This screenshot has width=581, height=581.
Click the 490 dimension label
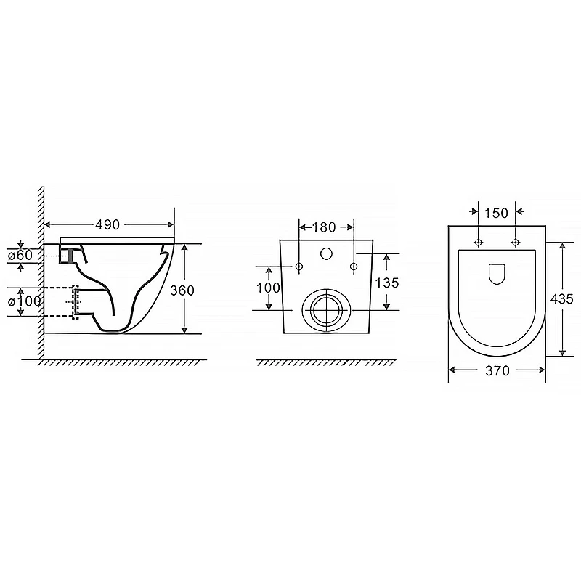tap(107, 224)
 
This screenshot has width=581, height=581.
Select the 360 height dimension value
tap(182, 290)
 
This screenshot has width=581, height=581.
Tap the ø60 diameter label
tap(21, 256)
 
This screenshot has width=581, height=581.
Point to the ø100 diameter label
tap(25, 301)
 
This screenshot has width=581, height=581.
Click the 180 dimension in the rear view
tap(324, 227)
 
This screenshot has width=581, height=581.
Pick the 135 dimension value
tap(387, 283)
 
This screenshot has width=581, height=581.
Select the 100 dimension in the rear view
tap(268, 288)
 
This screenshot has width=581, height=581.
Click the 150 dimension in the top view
tap(496, 213)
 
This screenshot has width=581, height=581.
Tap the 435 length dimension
tap(561, 298)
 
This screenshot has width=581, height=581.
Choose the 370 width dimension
tap(497, 370)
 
